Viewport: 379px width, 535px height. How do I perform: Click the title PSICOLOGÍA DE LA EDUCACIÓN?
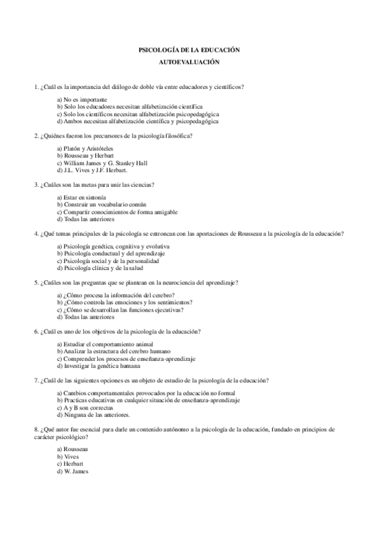click(189, 50)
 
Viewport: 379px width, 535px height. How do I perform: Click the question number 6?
click(35, 331)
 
